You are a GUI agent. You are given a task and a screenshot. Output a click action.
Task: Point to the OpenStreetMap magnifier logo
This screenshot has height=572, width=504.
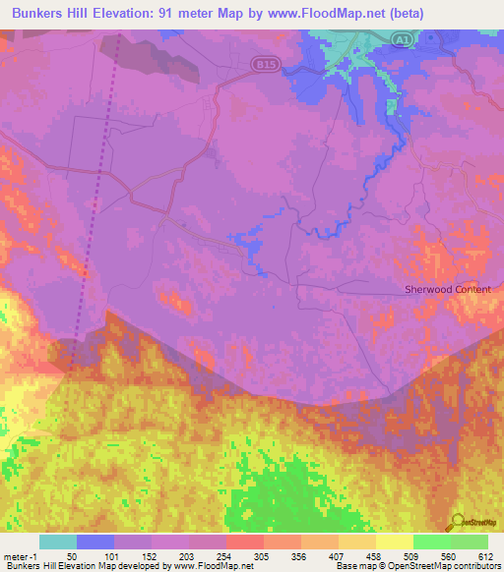click(x=457, y=522)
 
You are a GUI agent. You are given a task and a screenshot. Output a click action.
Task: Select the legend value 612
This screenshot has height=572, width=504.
click(x=486, y=555)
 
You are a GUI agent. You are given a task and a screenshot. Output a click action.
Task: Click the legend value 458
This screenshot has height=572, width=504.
click(x=375, y=555)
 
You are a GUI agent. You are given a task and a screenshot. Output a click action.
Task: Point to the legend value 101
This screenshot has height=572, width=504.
click(x=113, y=555)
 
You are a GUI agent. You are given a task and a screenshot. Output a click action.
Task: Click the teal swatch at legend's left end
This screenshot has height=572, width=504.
click(x=57, y=542)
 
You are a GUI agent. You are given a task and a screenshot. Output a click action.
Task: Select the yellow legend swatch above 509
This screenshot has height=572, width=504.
click(x=394, y=542)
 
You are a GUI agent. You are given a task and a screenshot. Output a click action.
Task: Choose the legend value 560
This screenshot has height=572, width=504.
click(x=450, y=555)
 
